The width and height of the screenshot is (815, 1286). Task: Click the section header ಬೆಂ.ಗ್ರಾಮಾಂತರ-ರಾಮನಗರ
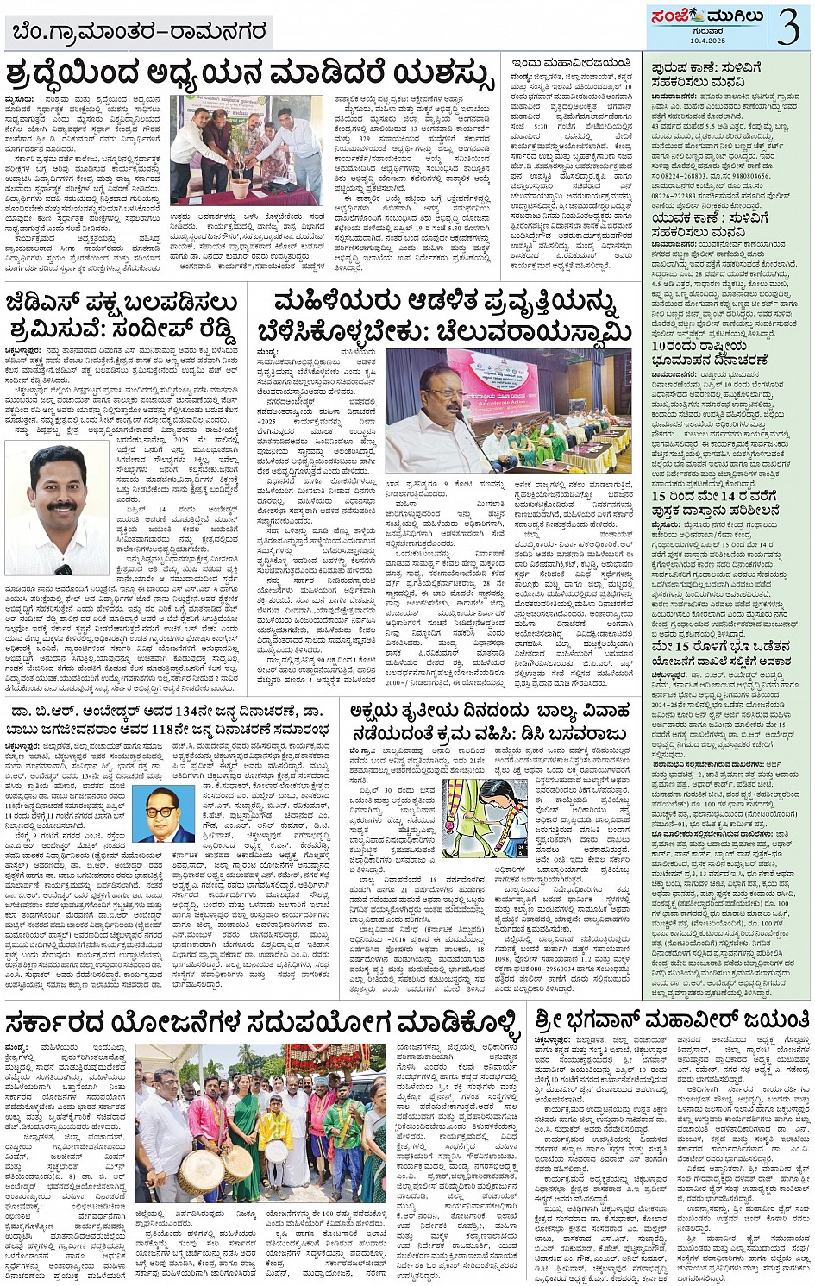click(x=138, y=33)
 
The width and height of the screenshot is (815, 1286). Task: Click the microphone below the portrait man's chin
click(x=62, y=568)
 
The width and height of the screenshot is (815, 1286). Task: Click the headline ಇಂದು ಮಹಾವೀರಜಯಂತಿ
click(x=571, y=65)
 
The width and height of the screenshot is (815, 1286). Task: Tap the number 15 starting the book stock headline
click(x=660, y=496)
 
